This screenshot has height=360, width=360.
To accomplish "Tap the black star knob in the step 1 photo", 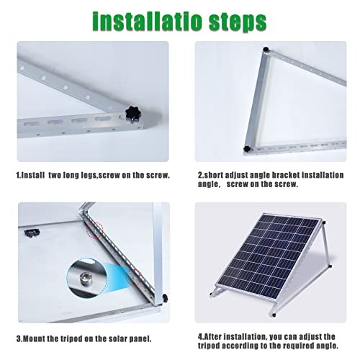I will click(132, 114).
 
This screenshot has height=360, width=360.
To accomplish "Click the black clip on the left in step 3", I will click(32, 232).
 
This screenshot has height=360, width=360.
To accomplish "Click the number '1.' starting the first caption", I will click(19, 175).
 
